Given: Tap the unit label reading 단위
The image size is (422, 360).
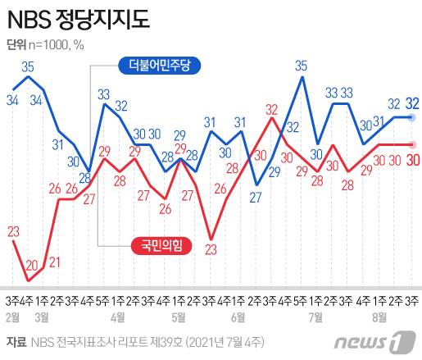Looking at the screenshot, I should [17, 44].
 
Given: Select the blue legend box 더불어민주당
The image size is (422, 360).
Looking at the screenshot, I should [159, 65].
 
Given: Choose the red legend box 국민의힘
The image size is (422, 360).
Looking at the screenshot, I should [161, 244].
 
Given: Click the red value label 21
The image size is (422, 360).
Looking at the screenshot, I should [54, 262].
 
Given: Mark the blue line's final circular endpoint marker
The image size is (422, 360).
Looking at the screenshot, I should [413, 118].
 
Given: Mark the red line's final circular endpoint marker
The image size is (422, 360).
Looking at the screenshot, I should [413, 144].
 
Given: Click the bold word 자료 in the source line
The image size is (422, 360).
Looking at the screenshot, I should [15, 341].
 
